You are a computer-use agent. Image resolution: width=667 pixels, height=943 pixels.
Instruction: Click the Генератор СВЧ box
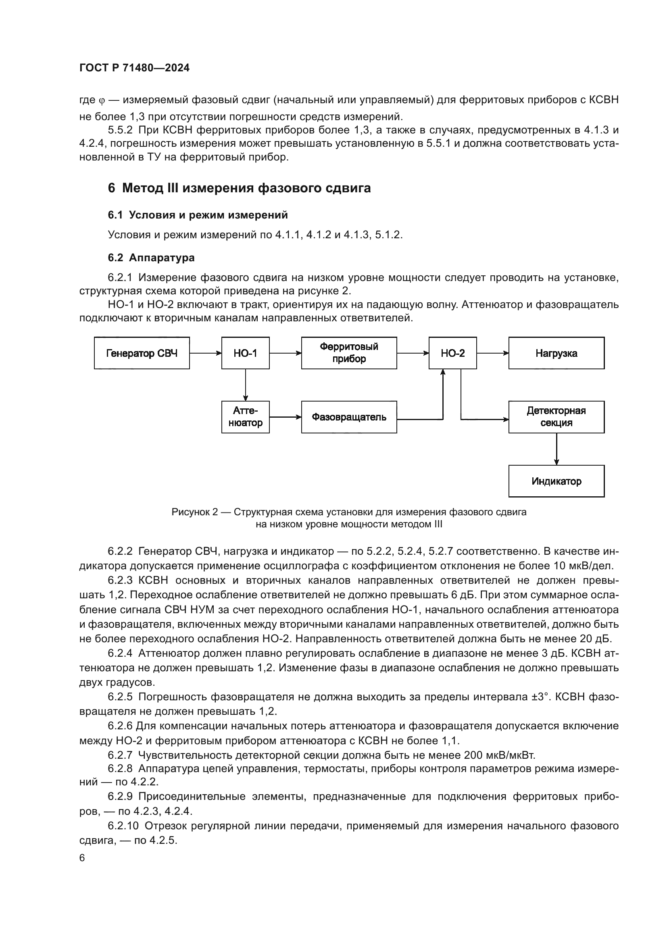142,353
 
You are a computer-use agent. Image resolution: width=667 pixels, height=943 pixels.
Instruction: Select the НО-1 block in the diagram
245,353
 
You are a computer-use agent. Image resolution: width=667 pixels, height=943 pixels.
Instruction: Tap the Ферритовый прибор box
349,353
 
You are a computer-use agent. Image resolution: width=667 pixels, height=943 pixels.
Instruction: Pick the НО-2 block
452,353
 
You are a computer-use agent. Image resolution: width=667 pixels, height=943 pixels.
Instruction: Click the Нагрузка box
556,353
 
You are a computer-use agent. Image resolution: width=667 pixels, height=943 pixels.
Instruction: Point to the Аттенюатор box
245,417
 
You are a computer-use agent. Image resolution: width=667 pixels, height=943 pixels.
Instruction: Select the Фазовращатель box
349,417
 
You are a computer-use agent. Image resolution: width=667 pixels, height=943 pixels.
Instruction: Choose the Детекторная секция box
556,417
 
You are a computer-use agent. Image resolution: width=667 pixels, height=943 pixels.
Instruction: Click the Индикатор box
556,481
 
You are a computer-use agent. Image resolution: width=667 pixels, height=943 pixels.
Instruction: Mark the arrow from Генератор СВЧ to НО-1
205,353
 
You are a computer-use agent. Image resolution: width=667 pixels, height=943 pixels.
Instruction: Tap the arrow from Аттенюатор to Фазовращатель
285,417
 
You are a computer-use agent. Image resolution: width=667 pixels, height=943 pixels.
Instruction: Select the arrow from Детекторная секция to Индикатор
557,449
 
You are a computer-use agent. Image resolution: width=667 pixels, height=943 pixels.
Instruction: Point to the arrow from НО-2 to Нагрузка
492,353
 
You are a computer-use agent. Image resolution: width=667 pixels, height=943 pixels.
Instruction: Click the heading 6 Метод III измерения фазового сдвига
239,188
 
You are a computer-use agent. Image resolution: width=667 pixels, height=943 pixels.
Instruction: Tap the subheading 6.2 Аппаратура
151,258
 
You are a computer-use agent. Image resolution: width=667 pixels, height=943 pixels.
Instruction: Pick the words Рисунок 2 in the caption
195,512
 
